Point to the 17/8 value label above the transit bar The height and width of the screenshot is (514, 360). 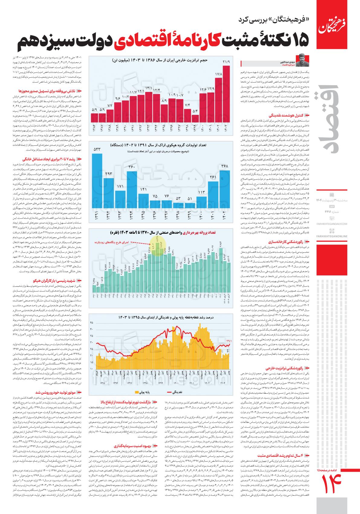tap(219, 74)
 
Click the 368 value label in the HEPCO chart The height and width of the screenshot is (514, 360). tap(224, 166)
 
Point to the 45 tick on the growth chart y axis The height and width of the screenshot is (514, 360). tap(91, 323)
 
